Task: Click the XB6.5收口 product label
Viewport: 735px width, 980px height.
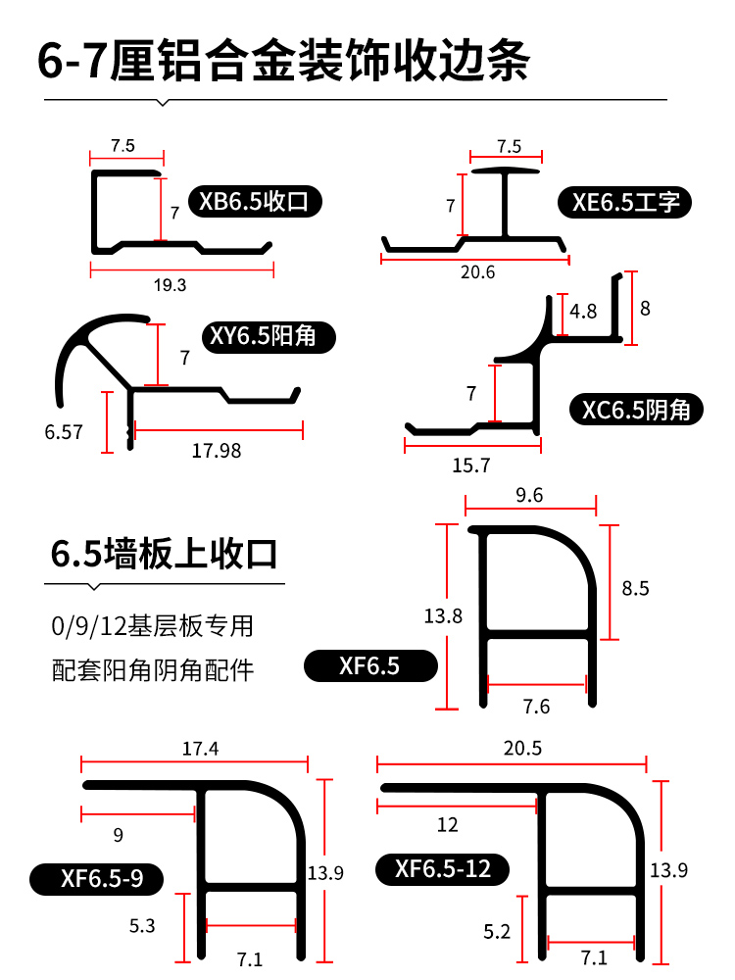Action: [x=255, y=201]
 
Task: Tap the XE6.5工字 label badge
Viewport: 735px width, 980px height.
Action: [x=624, y=202]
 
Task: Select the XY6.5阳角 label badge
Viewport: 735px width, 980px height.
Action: [x=269, y=337]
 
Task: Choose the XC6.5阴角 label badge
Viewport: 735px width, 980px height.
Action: [x=636, y=410]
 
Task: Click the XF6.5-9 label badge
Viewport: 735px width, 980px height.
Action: [x=96, y=879]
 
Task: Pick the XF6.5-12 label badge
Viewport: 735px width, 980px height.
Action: [x=443, y=868]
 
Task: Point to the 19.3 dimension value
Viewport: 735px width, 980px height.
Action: [x=170, y=285]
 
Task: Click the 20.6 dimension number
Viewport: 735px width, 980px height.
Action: [x=477, y=272]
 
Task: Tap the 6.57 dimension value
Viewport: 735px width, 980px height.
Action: [x=64, y=432]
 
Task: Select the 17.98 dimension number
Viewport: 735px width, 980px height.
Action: [x=217, y=451]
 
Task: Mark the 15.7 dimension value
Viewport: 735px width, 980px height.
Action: [x=471, y=465]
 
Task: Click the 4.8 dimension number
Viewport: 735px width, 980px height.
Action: [x=583, y=311]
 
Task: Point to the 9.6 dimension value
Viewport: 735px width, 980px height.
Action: [x=529, y=495]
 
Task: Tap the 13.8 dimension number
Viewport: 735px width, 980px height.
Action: [x=443, y=616]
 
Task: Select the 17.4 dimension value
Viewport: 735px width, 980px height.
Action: [x=200, y=748]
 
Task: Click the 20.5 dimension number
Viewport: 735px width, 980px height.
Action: [x=522, y=748]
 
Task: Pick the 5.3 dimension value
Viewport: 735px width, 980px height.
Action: [x=142, y=926]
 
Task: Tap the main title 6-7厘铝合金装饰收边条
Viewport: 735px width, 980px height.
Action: [x=284, y=61]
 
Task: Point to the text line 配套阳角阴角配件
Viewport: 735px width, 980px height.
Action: [x=153, y=670]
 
